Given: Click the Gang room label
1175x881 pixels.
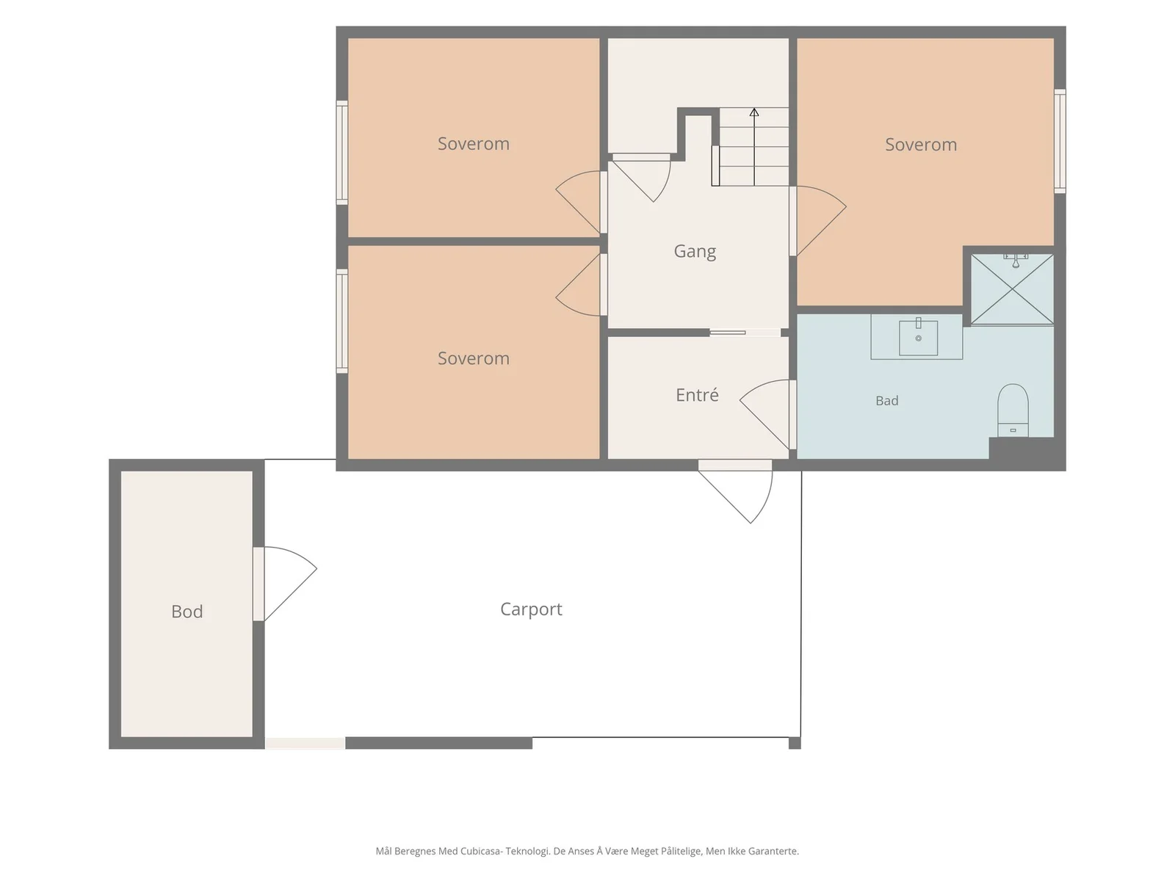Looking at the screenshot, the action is (694, 251).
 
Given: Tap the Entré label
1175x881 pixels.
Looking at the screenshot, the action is (697, 395).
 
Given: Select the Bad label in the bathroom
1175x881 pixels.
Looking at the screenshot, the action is (886, 401).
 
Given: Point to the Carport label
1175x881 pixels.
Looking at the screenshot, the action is (531, 609).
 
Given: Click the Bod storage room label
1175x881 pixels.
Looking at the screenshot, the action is (187, 612).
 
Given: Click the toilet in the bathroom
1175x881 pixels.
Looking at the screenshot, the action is (1013, 410).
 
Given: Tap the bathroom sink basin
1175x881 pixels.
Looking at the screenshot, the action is (918, 338).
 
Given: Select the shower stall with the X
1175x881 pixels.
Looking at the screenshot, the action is (1012, 289).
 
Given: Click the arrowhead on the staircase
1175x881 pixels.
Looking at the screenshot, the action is (753, 112).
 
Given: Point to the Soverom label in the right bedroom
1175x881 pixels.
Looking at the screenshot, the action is (921, 145).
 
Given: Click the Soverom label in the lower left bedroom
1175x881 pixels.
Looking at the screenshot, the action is (473, 358).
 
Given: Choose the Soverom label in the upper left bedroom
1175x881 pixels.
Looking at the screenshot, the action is (473, 144).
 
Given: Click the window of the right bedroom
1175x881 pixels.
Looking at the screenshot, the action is (1060, 141).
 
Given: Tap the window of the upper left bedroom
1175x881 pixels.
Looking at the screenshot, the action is (342, 153).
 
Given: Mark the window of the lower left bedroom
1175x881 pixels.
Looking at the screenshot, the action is (342, 321).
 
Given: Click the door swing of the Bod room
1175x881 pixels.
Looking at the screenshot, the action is (290, 584).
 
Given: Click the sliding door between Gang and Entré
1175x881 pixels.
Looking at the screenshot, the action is (745, 333).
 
